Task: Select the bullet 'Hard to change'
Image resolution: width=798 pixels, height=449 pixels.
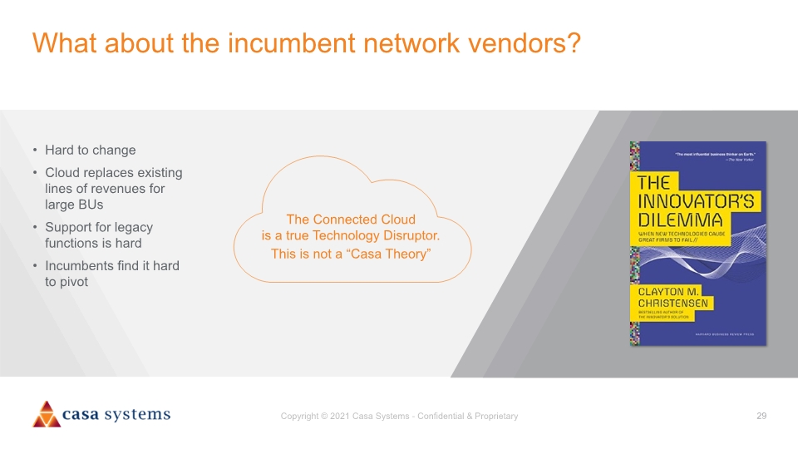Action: click(90, 150)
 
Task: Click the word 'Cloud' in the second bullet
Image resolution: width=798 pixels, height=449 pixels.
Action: click(63, 173)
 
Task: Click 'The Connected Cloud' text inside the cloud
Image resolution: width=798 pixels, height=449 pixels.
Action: click(350, 220)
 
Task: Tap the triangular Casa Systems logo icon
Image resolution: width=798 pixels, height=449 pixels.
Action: click(47, 414)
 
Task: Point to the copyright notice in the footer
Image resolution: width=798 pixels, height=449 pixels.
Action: click(399, 416)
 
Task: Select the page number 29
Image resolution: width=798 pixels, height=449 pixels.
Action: click(761, 416)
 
